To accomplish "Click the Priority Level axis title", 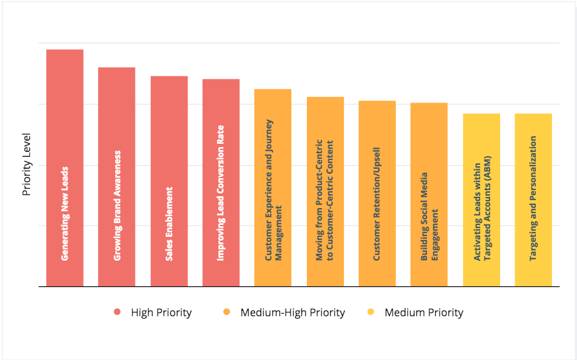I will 27,164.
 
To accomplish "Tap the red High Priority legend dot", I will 116,312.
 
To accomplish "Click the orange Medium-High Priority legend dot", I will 226,312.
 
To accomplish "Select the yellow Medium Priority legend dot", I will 371,312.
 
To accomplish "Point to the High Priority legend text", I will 161,312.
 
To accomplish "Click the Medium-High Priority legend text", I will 293,312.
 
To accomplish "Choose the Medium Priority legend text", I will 424,312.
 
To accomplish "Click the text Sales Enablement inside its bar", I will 169,224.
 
